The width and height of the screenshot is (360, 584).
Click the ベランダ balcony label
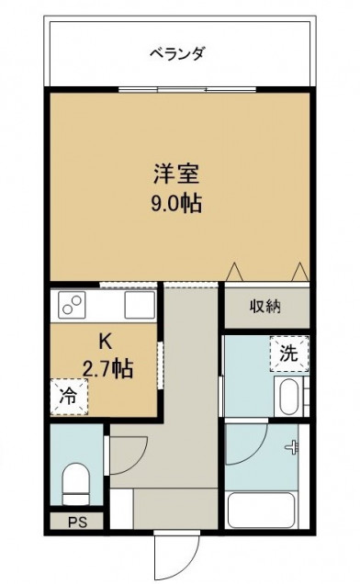click(x=177, y=53)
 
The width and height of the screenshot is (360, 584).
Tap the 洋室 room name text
click(x=176, y=174)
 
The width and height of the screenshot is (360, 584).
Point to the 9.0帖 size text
click(x=176, y=204)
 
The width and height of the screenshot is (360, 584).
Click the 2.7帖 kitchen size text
click(x=107, y=369)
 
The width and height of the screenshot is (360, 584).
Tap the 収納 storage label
click(x=265, y=307)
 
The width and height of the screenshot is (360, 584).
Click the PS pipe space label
click(x=77, y=522)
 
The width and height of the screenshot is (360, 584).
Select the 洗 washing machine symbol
click(x=289, y=354)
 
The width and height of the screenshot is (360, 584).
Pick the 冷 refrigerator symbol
click(x=69, y=397)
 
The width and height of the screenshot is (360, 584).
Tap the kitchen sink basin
click(x=140, y=305)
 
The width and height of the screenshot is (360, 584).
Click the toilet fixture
click(x=76, y=484)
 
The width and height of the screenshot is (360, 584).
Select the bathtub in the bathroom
click(x=262, y=511)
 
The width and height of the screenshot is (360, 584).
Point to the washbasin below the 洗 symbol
click(x=288, y=397)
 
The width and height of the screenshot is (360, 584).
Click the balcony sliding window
click(x=187, y=89)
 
